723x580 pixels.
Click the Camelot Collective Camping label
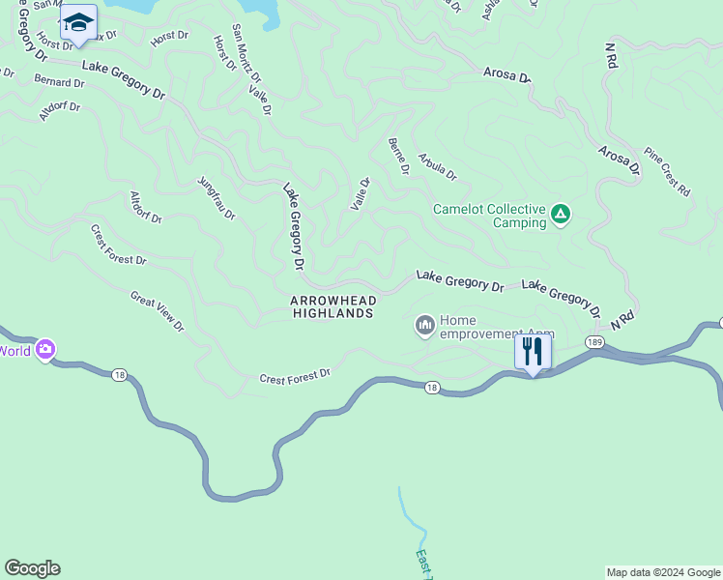tap(489, 216)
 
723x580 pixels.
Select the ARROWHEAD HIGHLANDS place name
tap(333, 307)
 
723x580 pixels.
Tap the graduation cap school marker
tap(78, 23)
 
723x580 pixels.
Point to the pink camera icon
tap(45, 350)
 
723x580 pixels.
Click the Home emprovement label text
tap(496, 328)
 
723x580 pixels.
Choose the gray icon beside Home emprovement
tap(424, 327)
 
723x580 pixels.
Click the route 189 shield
tap(593, 342)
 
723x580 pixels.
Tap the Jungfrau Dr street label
tap(217, 197)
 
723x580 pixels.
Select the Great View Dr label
tap(157, 311)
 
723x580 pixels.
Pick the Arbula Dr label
tap(437, 166)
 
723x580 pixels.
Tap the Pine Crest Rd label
tap(668, 172)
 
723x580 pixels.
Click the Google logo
tap(32, 568)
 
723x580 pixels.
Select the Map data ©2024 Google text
tap(663, 572)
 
